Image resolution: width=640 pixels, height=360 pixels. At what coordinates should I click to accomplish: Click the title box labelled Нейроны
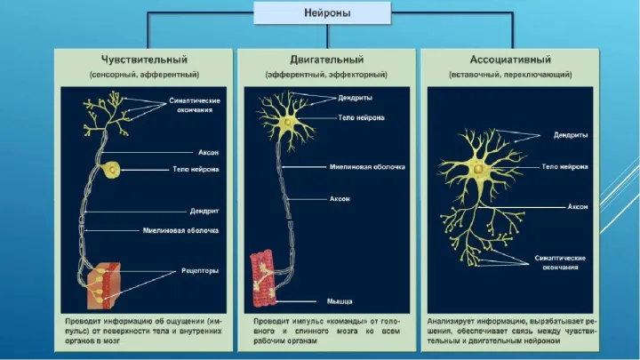coord(322,13)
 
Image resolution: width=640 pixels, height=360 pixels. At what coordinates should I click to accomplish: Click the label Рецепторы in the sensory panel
coord(194,270)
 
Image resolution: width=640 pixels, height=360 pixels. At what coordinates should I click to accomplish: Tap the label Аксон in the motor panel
coord(340,198)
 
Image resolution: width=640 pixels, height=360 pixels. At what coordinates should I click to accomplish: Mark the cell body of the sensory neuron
coord(114,168)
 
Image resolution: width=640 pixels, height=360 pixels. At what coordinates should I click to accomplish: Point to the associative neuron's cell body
coord(478,169)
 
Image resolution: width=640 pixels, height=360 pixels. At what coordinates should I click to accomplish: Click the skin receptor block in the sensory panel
coord(116,283)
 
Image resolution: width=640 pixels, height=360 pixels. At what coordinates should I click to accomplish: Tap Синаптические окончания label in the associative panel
coord(559,260)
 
